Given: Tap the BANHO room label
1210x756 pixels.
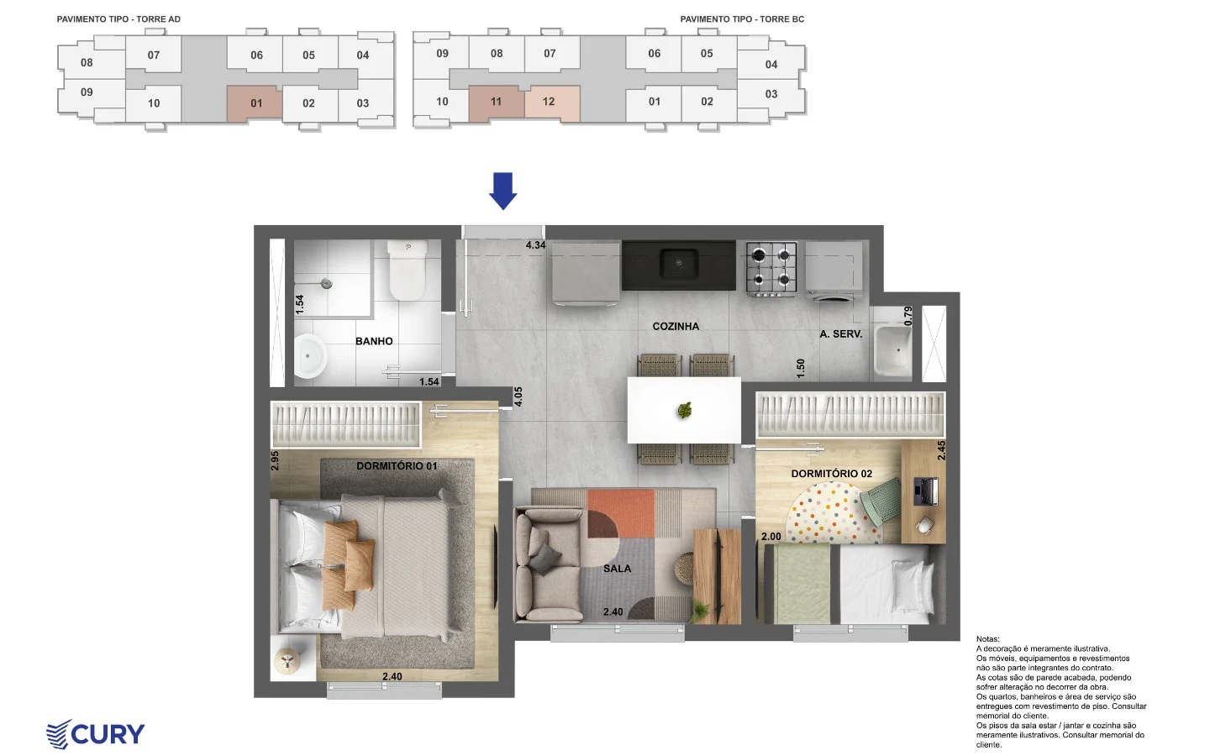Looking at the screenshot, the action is [x=374, y=341].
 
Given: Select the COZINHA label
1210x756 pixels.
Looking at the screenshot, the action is [x=676, y=326].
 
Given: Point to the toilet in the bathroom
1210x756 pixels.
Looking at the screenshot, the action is [x=408, y=270].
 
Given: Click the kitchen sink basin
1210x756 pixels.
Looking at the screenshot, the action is [x=678, y=263].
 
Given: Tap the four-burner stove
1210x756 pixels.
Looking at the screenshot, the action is [x=771, y=269].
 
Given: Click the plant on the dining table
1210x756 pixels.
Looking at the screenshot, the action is [x=684, y=411].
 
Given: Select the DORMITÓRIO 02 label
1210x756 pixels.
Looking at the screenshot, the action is [x=831, y=474].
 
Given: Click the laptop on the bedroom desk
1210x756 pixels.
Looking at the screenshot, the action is [x=926, y=491].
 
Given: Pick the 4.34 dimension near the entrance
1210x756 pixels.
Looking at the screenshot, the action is [x=535, y=245].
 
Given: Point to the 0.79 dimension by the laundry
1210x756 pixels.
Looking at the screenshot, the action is [x=908, y=316].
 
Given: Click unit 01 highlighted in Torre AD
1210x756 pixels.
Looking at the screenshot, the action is [x=256, y=103].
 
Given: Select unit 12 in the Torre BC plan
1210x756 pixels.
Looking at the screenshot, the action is [x=549, y=102].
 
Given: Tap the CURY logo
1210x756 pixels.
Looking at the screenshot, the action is [x=96, y=734].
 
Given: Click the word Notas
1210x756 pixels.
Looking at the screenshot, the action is [x=988, y=638].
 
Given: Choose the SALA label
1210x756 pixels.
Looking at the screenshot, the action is [x=617, y=569].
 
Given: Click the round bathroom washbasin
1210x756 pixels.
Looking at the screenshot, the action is [x=310, y=356].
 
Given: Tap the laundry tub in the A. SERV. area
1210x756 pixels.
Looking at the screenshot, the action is [x=893, y=350].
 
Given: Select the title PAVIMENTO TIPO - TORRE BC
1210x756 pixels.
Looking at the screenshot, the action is [x=742, y=18].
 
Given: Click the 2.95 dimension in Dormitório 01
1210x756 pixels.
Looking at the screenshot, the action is [x=275, y=460].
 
